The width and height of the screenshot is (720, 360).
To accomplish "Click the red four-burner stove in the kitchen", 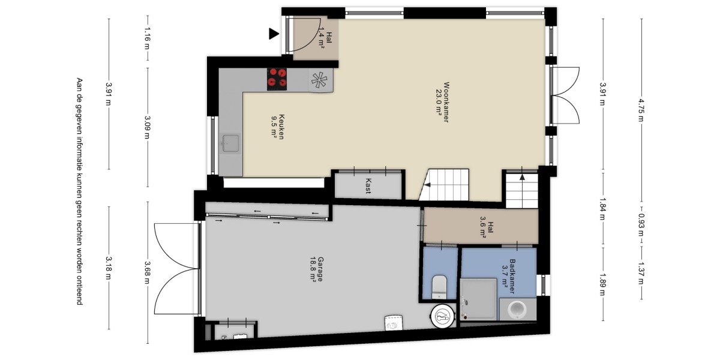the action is click(x=277, y=79).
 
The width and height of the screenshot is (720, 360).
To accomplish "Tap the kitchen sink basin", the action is click(x=230, y=143).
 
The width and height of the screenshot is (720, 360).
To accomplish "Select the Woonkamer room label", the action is click(x=442, y=102).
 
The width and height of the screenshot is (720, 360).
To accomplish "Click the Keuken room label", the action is click(x=278, y=127).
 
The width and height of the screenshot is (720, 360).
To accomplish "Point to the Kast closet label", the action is click(x=368, y=186).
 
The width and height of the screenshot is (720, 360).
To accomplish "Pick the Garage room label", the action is click(x=317, y=269).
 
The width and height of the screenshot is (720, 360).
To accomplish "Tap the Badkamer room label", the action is click(x=509, y=277).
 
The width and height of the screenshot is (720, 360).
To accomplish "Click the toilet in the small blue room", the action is click(x=439, y=286).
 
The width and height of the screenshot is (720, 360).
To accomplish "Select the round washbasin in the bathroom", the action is click(x=517, y=310).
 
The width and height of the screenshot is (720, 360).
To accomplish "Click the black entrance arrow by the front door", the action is click(x=274, y=34).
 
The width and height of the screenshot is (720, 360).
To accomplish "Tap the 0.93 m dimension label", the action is click(x=641, y=224).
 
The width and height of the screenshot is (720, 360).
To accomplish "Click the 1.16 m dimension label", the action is click(x=148, y=38).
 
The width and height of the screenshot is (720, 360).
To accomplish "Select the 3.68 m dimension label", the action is click(x=148, y=272).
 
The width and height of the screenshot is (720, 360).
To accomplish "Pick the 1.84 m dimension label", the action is click(x=602, y=209).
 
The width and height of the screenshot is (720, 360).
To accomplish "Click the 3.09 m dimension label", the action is click(x=148, y=127).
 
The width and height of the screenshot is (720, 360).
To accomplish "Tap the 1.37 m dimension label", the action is click(x=641, y=273).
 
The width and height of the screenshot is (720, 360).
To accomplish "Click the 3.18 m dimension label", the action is click(x=109, y=268).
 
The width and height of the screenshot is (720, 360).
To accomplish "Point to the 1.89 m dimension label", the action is click(x=602, y=284).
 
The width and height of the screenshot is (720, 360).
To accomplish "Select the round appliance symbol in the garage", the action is click(x=443, y=316).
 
